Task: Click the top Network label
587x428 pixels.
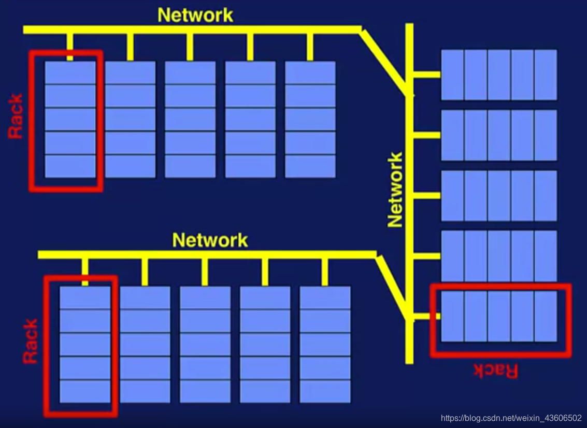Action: point(195,15)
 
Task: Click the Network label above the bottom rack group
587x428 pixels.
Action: point(210,240)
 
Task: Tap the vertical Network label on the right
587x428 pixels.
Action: point(395,189)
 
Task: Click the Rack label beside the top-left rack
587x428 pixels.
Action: point(16,116)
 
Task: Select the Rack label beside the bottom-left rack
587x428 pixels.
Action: point(31,341)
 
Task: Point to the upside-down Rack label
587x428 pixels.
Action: point(496,370)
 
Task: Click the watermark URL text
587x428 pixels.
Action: point(511,418)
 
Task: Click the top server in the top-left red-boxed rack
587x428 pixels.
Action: point(70,73)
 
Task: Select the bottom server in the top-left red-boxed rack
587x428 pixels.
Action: point(70,166)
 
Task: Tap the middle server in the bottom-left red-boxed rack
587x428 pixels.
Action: point(85,345)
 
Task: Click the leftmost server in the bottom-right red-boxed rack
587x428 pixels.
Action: point(452,316)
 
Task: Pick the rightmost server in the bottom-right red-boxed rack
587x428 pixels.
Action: point(546,316)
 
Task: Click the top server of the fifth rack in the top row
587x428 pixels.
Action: point(310,73)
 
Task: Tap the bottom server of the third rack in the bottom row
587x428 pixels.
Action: point(205,391)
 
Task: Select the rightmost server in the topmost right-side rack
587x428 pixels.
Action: point(546,75)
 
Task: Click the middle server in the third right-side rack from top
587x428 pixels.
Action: point(499,196)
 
